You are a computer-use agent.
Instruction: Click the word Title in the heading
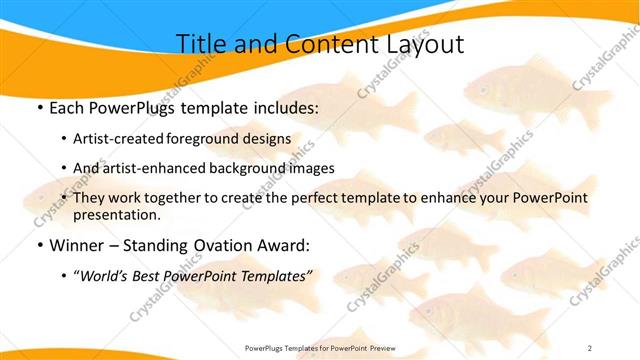coord(201,44)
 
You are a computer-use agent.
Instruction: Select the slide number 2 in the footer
coord(590,348)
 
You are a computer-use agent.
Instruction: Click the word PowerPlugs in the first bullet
coord(138,107)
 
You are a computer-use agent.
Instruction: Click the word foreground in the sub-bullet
coord(211,138)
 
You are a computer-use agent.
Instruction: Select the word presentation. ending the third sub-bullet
coord(116,214)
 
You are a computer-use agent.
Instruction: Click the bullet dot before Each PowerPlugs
coord(39,107)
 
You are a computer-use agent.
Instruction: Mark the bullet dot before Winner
coord(39,244)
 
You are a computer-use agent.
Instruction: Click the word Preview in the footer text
coord(378,348)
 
